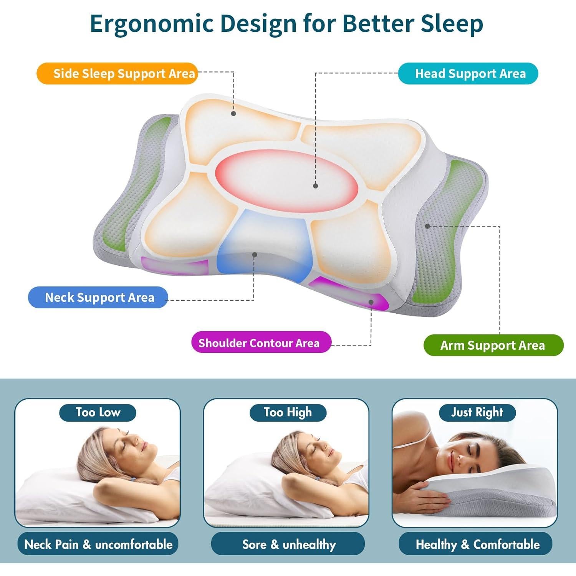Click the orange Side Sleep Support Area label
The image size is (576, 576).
[117, 73]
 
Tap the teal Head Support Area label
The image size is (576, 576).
[468, 73]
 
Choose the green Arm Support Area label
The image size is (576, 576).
[493, 345]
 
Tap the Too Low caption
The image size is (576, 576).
[98, 412]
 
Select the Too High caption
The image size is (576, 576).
[288, 412]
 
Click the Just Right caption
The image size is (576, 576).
[477, 412]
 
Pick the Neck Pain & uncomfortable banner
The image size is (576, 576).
[98, 544]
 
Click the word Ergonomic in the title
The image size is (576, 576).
[152, 24]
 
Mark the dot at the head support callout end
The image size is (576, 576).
[316, 186]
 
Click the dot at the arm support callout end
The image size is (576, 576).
[428, 226]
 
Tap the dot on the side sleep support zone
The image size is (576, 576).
[233, 113]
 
